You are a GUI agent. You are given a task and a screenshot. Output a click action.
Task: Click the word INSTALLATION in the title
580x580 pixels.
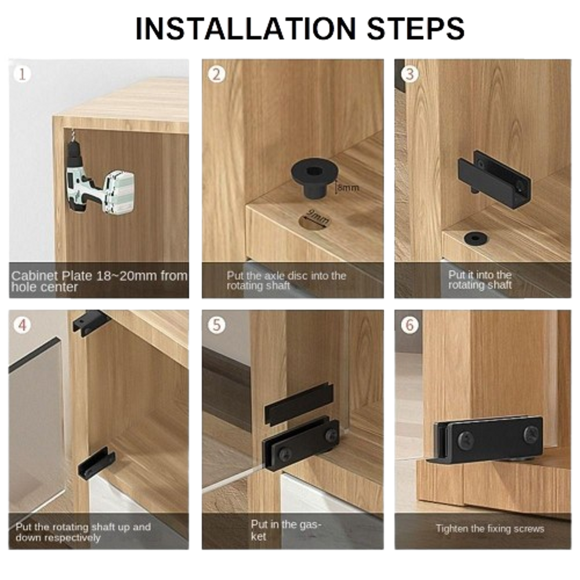(x=245, y=28)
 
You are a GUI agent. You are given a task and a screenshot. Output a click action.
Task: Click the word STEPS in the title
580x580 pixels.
(x=415, y=28)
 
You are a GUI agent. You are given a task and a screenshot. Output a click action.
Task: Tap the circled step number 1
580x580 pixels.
(x=22, y=74)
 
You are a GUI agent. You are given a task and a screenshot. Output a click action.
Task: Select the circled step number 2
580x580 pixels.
(x=216, y=74)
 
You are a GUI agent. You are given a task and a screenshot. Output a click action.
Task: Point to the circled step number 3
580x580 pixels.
(x=409, y=74)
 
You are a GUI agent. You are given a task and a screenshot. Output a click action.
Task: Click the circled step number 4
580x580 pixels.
(x=22, y=325)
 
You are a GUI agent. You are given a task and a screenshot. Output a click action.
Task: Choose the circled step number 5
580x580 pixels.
(x=216, y=325)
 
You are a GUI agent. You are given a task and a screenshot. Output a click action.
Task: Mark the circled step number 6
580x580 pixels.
(x=409, y=325)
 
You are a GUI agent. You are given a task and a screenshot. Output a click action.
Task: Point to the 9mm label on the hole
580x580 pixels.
(x=317, y=217)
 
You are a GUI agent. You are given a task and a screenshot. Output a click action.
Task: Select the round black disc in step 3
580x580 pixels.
(x=476, y=238)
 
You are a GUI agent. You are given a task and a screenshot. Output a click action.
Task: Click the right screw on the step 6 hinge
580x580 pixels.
(x=531, y=433)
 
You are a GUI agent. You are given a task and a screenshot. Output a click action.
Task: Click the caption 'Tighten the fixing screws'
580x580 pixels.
(x=490, y=528)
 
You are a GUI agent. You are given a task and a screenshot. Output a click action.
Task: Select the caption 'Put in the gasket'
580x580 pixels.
(x=287, y=530)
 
